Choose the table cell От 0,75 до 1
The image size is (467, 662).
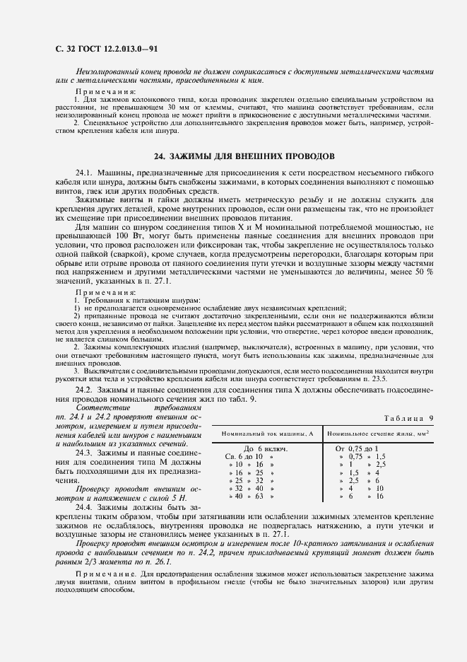pyautogui.click(x=357, y=448)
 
